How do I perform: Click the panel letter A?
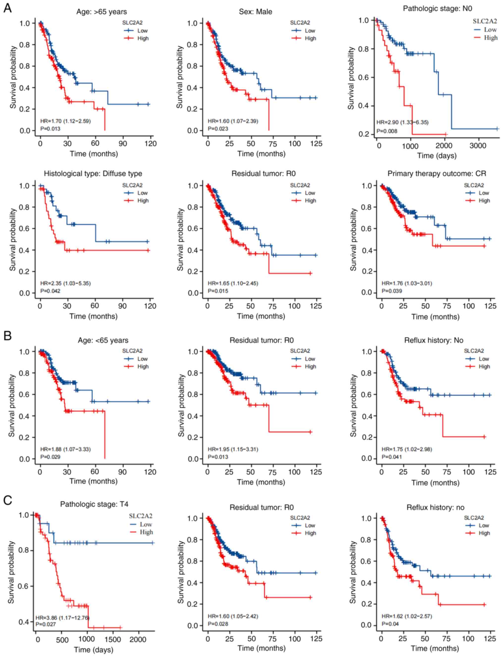(7, 8)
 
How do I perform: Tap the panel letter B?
(7, 336)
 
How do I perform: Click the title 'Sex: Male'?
(255, 12)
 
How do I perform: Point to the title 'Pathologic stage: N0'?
(437, 8)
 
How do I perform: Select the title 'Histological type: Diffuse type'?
(93, 174)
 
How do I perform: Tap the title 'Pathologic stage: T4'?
(94, 504)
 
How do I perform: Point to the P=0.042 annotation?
(50, 291)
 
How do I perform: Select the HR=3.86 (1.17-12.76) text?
(62, 618)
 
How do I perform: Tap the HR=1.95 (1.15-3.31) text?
(233, 449)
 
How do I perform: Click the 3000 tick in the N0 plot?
(478, 146)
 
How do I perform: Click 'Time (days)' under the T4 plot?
(93, 650)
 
